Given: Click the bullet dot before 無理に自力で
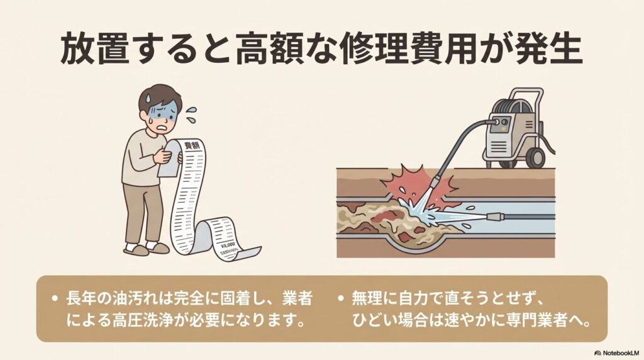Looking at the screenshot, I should pos(341,297).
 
